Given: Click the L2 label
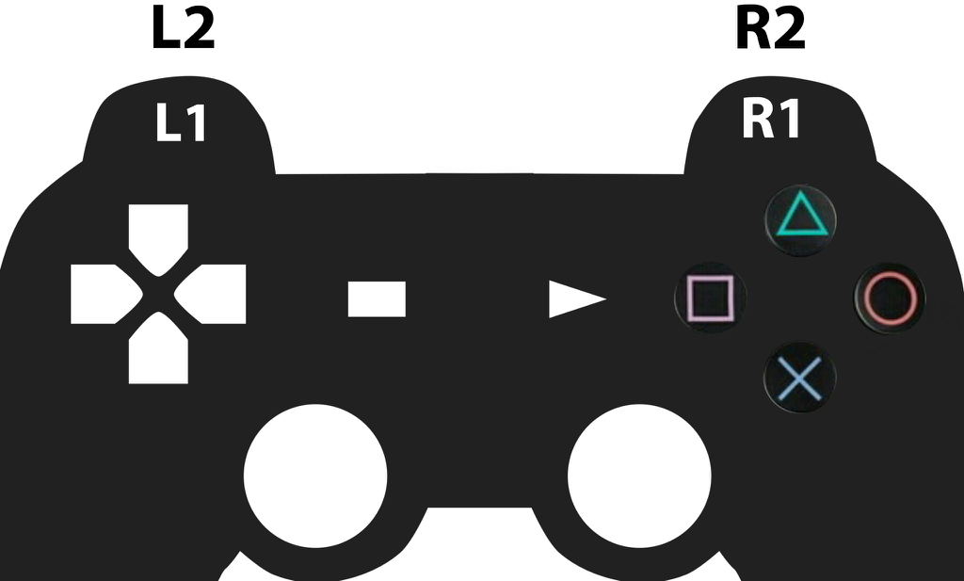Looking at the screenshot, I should tap(183, 30).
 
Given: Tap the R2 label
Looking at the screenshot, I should tap(770, 30).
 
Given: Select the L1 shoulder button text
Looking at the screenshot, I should tap(181, 124).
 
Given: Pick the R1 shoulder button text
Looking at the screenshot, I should tap(771, 120).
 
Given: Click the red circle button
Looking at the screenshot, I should tap(890, 299).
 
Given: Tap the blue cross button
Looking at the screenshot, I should tap(799, 378).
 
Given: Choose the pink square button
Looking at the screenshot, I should tap(710, 299).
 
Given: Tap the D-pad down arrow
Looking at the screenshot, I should tap(158, 352).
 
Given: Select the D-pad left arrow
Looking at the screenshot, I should tap(102, 294).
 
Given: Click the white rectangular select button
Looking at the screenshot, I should tap(377, 299).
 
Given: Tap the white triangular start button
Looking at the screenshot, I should tap(571, 299).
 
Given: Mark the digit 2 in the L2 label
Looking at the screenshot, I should tap(198, 30).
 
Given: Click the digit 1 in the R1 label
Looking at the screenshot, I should tap(789, 120).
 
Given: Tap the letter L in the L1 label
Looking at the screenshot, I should tap(167, 124).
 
